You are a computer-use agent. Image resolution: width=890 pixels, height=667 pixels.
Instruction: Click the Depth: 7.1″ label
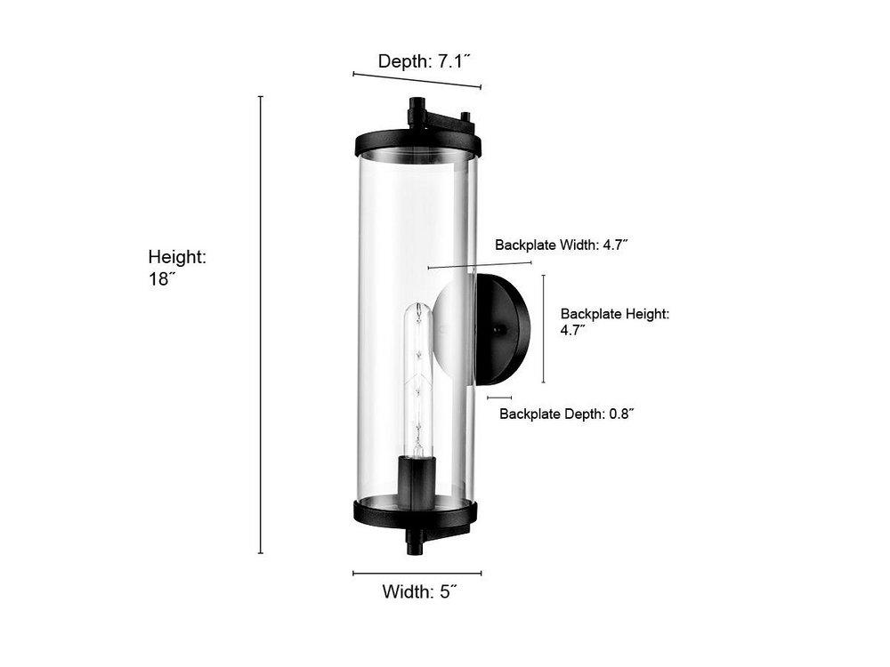point(425,60)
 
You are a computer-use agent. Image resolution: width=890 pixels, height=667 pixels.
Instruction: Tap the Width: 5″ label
point(419,591)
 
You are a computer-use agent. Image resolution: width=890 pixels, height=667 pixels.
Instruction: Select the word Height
point(177,257)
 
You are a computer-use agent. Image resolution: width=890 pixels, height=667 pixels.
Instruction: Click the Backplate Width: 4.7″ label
point(561,245)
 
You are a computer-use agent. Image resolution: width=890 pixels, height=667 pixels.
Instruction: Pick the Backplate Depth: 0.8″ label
point(566,414)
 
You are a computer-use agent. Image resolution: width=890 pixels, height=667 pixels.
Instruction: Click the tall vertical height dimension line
point(261,325)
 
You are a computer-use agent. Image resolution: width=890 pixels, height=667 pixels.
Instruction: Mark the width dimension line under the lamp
point(417,574)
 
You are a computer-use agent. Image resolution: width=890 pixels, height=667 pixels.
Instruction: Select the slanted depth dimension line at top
point(417,80)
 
